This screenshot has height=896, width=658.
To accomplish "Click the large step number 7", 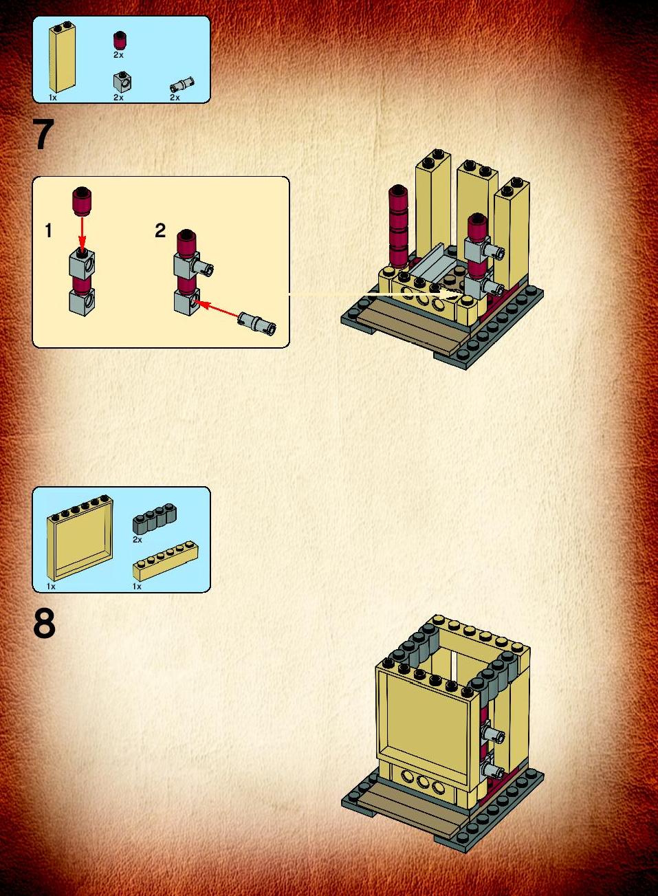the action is coord(44,135).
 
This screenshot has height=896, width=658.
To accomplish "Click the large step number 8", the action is coord(45,625).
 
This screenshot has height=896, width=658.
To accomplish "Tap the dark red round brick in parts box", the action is coord(119,41).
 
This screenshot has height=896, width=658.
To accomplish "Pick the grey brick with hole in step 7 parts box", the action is coord(123,81).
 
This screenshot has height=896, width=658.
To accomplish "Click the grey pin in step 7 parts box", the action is coord(182,85).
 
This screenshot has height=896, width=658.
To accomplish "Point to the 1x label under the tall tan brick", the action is coord(53,98).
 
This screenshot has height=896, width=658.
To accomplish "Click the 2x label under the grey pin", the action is coord(175,98).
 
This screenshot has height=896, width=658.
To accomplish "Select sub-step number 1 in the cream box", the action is coord(49,231).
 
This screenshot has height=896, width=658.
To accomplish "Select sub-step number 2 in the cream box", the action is coord(160,230).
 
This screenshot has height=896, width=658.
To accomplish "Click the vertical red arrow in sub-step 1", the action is coord(82,234).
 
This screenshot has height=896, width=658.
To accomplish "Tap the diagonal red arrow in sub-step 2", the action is coord(217,309).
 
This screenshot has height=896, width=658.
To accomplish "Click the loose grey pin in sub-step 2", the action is coord(258,323).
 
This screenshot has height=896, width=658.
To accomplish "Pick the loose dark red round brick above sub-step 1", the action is coord(82,201).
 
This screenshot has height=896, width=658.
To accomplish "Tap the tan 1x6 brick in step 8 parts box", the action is coord(166,560).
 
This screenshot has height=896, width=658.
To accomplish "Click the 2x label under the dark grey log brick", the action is coord(138,540).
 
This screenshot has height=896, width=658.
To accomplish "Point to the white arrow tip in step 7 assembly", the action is coord(461,294).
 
